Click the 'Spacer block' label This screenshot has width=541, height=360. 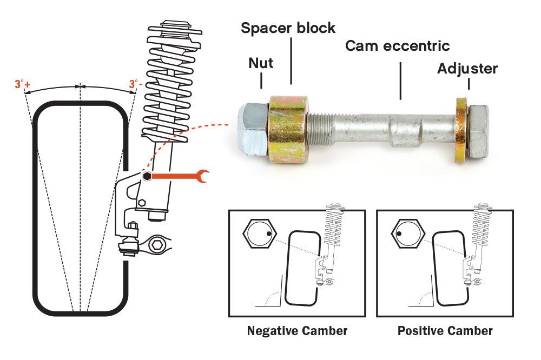tap(288, 28)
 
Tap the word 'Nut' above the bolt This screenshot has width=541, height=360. tap(261, 63)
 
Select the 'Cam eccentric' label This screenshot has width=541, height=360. tap(397, 45)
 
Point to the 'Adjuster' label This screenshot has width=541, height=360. tap(467, 69)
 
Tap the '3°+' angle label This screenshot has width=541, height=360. tap(22, 84)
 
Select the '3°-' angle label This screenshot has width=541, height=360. tap(136, 84)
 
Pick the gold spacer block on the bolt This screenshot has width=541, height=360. tap(288, 127)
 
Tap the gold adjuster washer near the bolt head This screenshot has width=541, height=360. tap(461, 130)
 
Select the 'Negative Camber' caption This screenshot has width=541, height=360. tap(297, 330)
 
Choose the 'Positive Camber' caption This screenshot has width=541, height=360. tap(445, 330)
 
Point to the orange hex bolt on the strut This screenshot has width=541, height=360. tap(147, 176)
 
